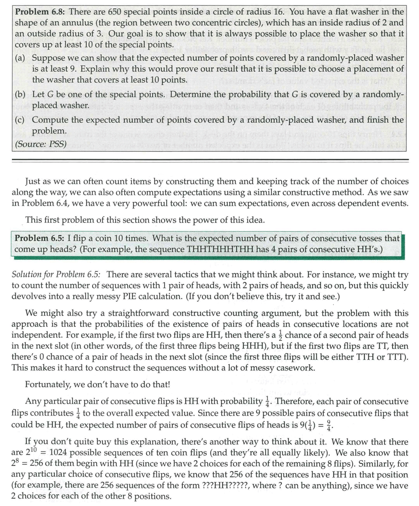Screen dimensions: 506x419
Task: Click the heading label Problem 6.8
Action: point(41,12)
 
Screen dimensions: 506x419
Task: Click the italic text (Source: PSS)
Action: point(41,143)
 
